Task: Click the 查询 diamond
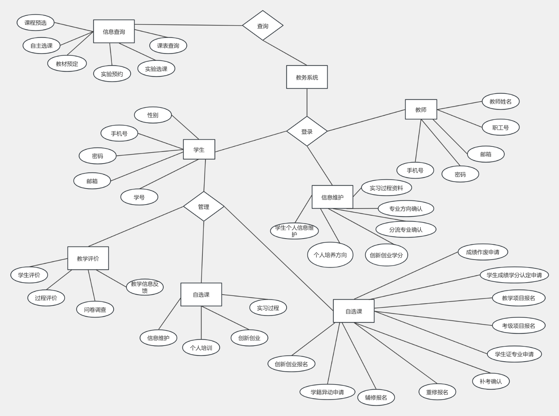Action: click(262, 26)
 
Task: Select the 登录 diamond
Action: click(307, 131)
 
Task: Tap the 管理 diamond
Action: click(203, 207)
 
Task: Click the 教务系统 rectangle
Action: click(307, 77)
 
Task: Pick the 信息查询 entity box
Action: click(114, 32)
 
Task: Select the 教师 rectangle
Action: click(421, 110)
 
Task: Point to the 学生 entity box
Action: click(199, 149)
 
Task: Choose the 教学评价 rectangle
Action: click(88, 258)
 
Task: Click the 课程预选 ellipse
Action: click(35, 23)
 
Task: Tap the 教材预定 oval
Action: click(67, 63)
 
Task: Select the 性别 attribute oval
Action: click(153, 115)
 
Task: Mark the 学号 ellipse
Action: click(139, 197)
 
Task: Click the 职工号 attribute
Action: click(500, 127)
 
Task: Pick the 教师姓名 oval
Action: click(500, 101)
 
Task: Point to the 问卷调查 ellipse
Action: click(95, 309)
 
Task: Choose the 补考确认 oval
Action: click(490, 381)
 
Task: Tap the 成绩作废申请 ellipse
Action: click(482, 252)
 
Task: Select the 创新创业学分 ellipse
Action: click(386, 255)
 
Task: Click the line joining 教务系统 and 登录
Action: click(307, 102)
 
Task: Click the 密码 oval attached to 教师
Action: click(460, 174)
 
